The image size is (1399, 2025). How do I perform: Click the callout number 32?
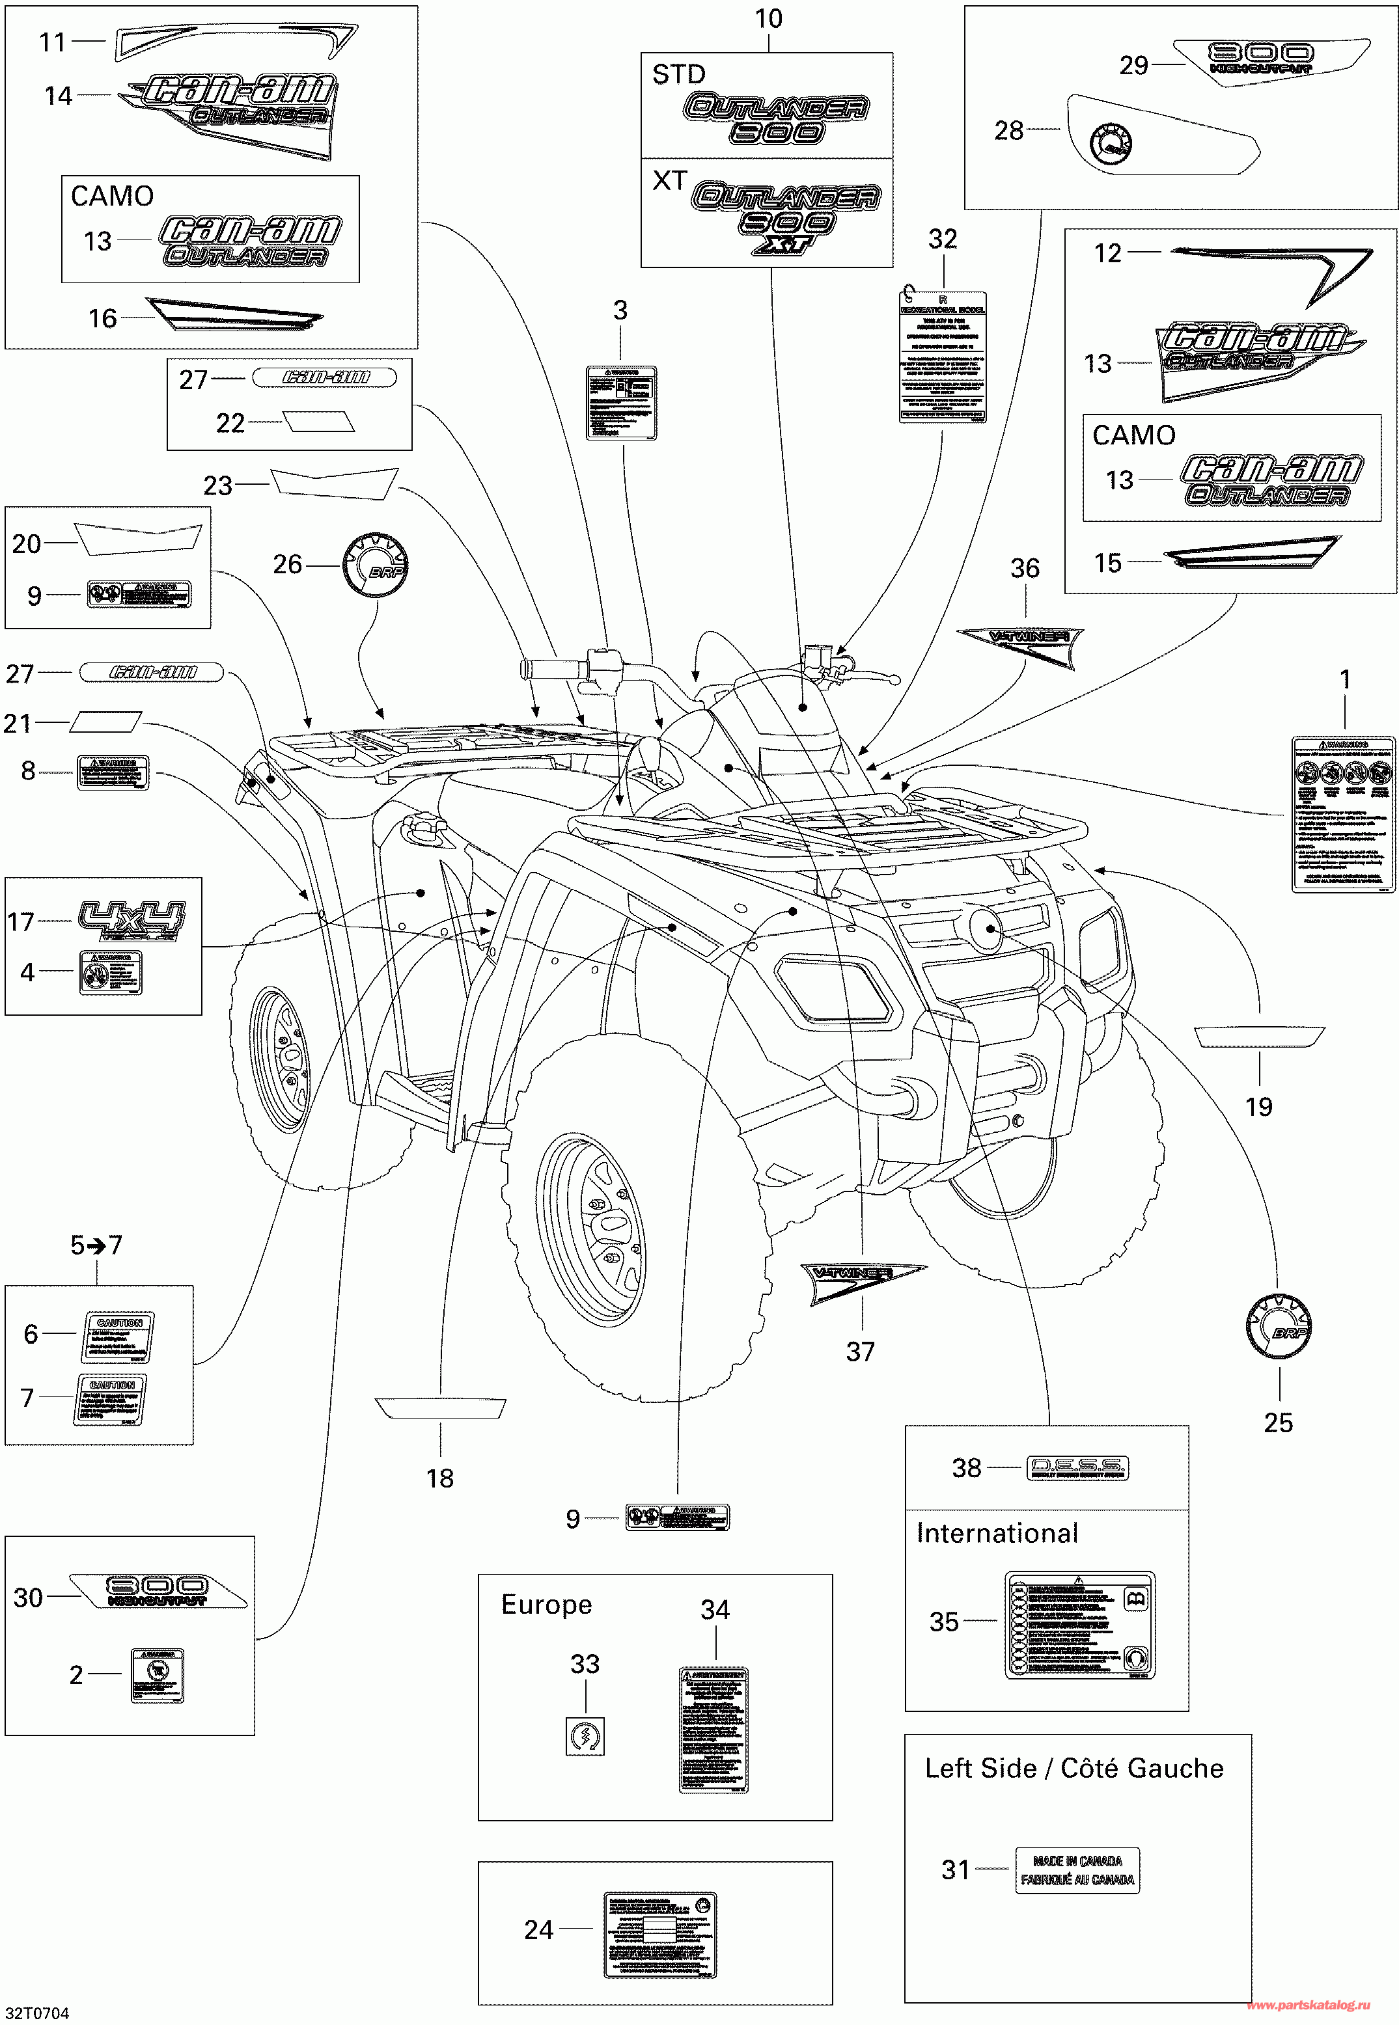point(942,239)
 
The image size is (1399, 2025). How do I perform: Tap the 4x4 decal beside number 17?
point(132,920)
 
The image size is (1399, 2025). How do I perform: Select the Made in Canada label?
point(1077,1870)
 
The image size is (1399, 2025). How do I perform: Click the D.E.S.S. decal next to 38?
point(1077,1468)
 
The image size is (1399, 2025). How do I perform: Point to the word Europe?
point(546,1605)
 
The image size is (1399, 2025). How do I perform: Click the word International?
point(997,1532)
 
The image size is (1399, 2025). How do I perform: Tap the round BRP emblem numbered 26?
point(375,565)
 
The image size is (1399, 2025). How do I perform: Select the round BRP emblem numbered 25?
point(1278,1327)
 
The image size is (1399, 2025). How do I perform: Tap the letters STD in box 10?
point(678,74)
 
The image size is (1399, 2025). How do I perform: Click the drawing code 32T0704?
point(37,2013)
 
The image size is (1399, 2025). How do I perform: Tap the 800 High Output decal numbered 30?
point(158,1590)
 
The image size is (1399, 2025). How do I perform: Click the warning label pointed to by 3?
point(620,402)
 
